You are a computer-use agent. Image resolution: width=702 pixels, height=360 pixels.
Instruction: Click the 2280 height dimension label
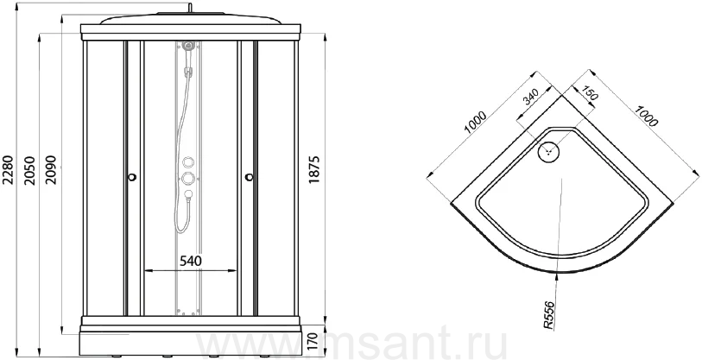[x=9, y=171]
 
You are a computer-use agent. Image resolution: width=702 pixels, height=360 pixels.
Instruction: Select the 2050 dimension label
[x=29, y=171]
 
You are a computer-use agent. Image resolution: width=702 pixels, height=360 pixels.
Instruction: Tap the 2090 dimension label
[x=51, y=171]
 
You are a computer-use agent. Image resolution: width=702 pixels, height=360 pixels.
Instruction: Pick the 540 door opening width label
[x=190, y=261]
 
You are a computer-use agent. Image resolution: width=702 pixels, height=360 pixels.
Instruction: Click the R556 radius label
[x=549, y=316]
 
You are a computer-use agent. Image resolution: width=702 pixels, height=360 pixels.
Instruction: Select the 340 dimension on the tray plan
[x=531, y=98]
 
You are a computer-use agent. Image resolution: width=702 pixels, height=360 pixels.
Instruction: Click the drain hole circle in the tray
[x=548, y=151]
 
